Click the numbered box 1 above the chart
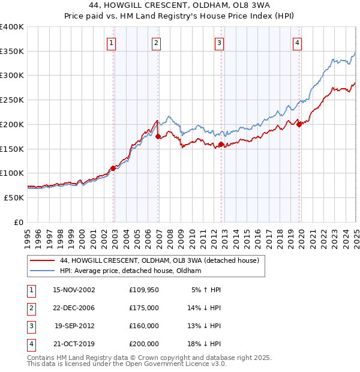pyautogui.click(x=112, y=43)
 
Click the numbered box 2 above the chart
pyautogui.click(x=155, y=43)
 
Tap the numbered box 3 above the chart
pyautogui.click(x=220, y=43)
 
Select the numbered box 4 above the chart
pyautogui.click(x=298, y=43)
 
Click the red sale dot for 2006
pyautogui.click(x=158, y=137)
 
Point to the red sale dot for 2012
pyautogui.click(x=221, y=144)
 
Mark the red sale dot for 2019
pyautogui.click(x=299, y=125)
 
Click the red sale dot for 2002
pyautogui.click(x=113, y=169)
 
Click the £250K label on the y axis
pyautogui.click(x=11, y=100)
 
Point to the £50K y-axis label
pyautogui.click(x=14, y=197)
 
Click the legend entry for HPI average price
pyautogui.click(x=131, y=271)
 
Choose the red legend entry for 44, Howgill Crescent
pyautogui.click(x=159, y=260)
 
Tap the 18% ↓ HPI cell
pyautogui.click(x=205, y=344)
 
